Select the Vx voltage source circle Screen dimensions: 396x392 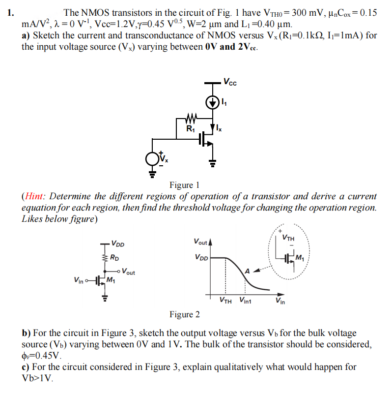152,158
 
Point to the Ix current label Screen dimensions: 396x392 219,129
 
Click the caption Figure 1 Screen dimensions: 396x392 184,185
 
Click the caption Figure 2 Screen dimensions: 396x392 184,314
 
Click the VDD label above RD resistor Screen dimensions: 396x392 117,243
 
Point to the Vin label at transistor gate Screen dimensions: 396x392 78,280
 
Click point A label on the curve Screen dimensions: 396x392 249,271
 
